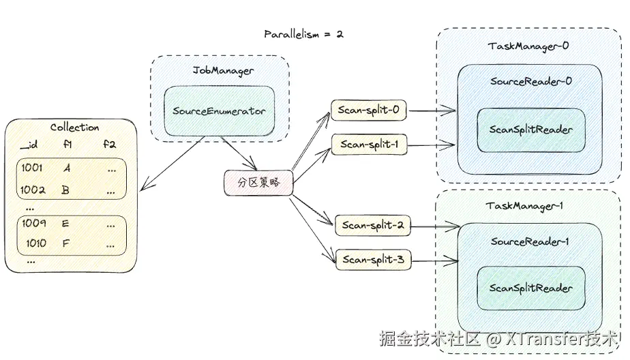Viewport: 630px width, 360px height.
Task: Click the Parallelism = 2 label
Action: coord(303,34)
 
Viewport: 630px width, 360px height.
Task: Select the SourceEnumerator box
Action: coord(219,110)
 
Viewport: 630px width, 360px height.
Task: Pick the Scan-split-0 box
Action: coord(370,109)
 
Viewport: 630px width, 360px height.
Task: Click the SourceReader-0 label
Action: coord(530,81)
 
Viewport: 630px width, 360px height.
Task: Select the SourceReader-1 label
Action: coord(530,241)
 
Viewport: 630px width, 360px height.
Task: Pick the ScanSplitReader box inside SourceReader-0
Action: coord(531,130)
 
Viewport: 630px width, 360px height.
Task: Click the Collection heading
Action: coord(74,127)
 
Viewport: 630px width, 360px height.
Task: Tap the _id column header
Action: coord(28,144)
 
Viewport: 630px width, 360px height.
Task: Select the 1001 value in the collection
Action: coord(31,168)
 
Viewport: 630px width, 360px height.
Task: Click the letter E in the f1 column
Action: coord(65,223)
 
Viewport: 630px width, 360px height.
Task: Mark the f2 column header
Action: coord(109,144)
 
